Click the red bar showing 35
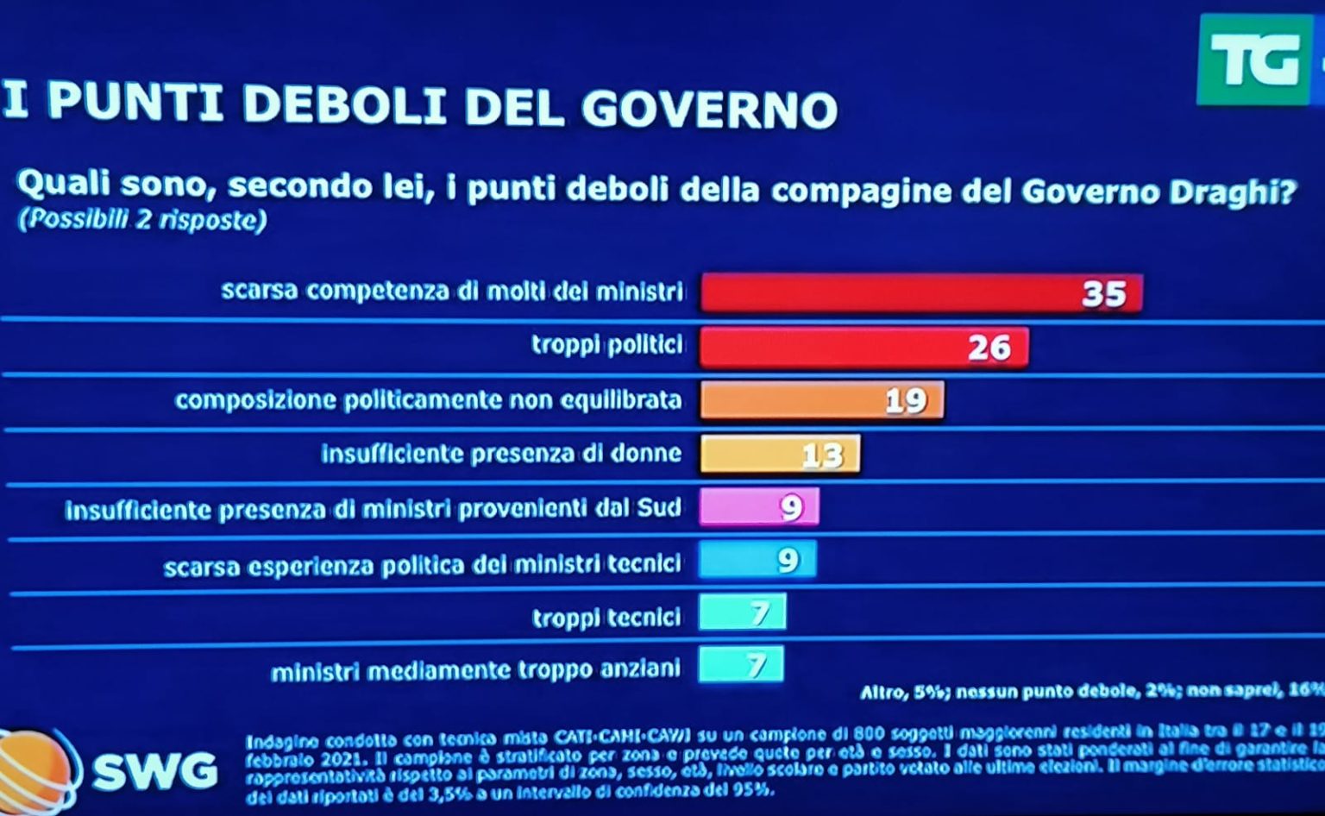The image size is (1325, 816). point(920,293)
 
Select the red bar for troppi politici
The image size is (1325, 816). point(863,348)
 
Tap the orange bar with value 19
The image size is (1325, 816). point(821,400)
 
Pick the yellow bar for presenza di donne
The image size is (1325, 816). point(779,455)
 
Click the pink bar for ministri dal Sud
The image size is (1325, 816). point(758,507)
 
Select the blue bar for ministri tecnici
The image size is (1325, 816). point(757,561)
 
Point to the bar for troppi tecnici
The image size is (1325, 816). point(742,613)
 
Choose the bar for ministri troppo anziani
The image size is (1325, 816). point(741,665)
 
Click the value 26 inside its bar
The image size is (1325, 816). point(989,348)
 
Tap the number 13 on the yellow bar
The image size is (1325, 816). point(821,455)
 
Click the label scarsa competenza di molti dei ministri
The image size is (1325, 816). point(452,291)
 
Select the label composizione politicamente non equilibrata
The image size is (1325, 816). point(428,400)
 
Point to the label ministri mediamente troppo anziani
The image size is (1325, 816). point(475,670)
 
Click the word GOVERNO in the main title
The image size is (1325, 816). point(709,109)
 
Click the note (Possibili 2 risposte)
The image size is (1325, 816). point(142,220)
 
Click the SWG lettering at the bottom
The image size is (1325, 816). point(155,770)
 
